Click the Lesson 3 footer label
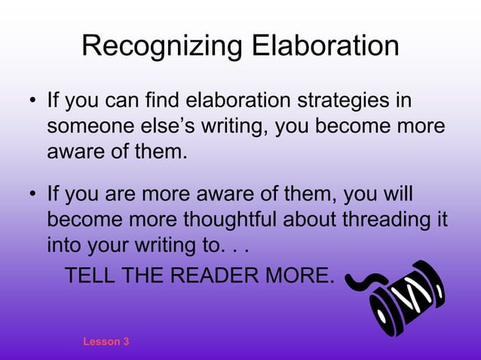pyautogui.click(x=106, y=341)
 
